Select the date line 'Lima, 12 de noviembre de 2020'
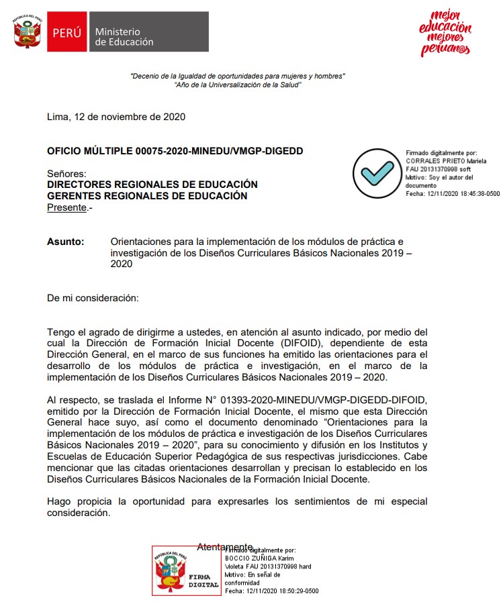[x=116, y=117]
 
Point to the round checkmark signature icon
[x=377, y=173]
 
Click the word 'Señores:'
[x=66, y=174]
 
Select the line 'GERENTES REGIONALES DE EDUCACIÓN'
[x=147, y=196]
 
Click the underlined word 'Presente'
[x=67, y=207]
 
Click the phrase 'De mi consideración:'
[x=93, y=297]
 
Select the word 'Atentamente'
[x=224, y=547]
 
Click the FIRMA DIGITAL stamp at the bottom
[x=186, y=570]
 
